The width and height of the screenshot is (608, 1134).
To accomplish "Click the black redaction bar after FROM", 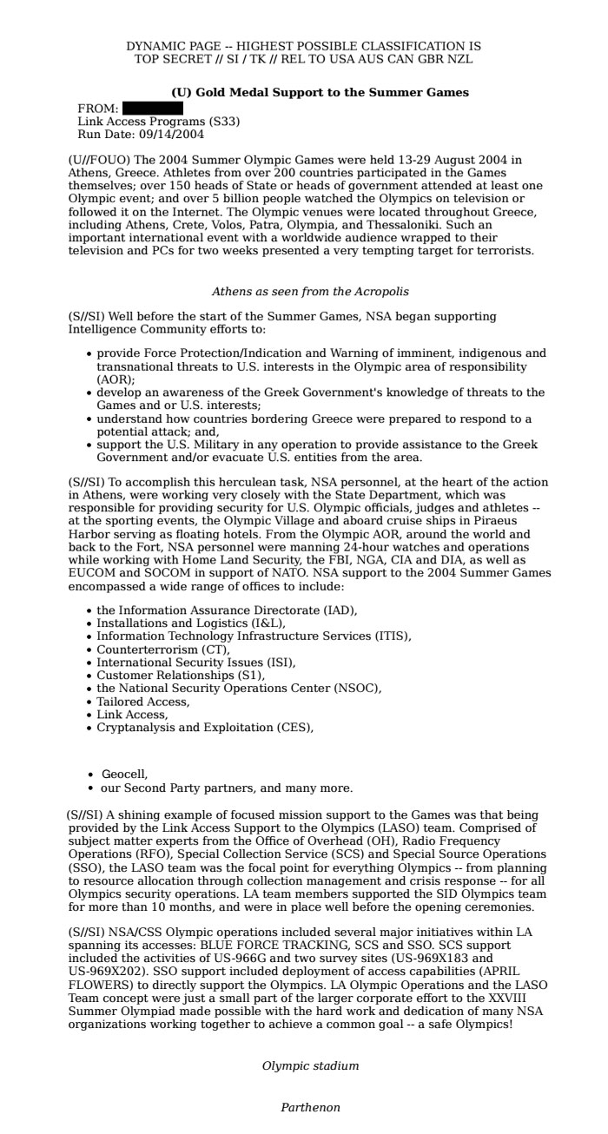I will coord(152,109).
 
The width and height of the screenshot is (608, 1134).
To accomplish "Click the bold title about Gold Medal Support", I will coord(320,92).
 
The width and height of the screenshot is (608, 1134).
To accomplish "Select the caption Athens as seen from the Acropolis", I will coord(310,292).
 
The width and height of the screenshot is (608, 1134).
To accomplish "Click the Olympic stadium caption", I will coord(310,1065).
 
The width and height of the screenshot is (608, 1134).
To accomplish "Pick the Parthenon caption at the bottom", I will coord(310,1107).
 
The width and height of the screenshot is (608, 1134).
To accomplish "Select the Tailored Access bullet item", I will coord(142,702).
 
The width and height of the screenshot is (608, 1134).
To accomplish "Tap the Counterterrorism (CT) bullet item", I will coord(163,649).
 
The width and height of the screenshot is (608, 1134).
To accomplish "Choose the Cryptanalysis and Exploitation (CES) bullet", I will coord(204,728).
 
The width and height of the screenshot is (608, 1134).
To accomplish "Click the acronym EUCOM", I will coord(90,573).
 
